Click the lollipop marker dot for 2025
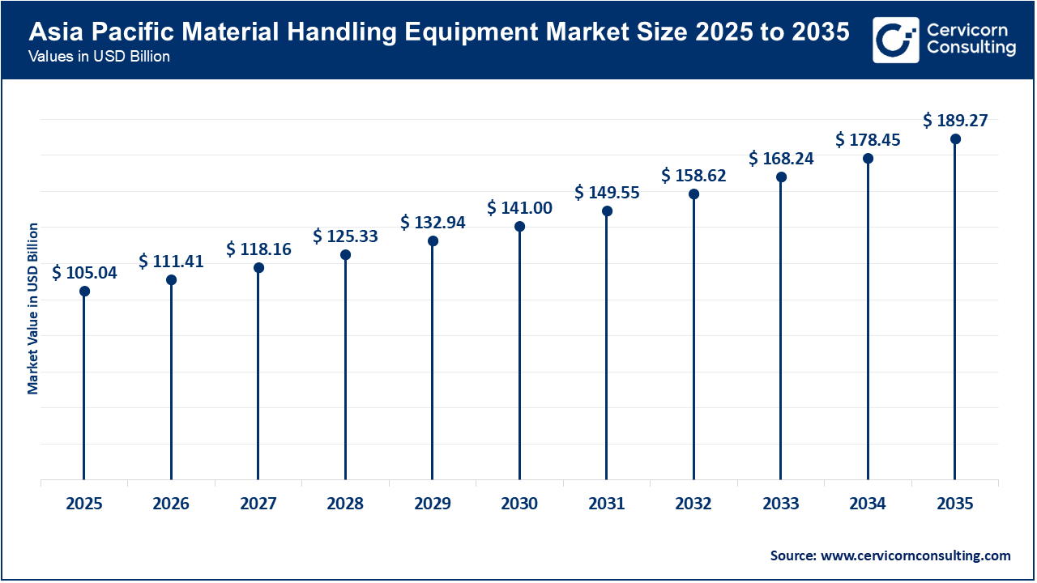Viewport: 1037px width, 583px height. tap(84, 291)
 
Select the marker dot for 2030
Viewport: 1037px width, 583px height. tap(519, 226)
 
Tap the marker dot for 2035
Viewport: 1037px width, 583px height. tap(955, 138)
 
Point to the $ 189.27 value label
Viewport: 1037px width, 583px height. tap(955, 121)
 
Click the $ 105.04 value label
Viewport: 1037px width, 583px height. tap(84, 273)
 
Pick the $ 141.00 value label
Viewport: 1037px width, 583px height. tap(519, 208)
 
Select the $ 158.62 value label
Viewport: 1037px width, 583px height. tap(693, 176)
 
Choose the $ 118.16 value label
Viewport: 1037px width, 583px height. tap(258, 249)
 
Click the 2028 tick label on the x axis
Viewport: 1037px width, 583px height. tap(345, 504)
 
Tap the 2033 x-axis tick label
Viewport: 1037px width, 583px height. tap(780, 504)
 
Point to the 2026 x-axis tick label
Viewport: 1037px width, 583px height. tap(171, 504)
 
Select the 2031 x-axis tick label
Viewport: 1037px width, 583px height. tap(606, 504)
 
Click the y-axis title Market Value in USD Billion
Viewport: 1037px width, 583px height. tap(33, 308)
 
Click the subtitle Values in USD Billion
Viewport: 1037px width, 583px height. tap(98, 57)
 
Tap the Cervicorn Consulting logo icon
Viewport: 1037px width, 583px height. tap(895, 40)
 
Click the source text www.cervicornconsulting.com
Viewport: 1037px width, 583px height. tap(915, 555)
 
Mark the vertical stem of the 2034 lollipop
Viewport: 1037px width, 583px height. tap(868, 324)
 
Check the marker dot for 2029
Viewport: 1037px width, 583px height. tap(433, 240)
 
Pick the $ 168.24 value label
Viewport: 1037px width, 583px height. tap(780, 159)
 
